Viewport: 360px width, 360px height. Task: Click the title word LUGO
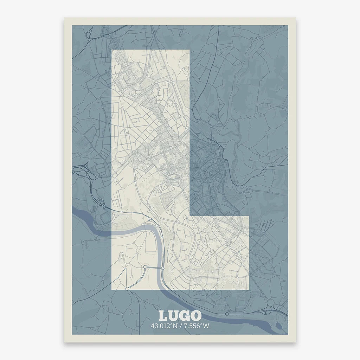(x=180, y=316)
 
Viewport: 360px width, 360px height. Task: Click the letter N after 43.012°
(x=175, y=326)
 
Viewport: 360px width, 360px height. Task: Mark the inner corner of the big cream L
(x=190, y=216)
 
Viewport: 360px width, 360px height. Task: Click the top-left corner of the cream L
(x=112, y=50)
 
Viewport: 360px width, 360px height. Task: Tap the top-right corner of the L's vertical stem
(x=190, y=50)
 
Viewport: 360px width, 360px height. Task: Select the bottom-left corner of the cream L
(x=112, y=290)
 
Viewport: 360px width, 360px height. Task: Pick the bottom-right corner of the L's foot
(x=249, y=290)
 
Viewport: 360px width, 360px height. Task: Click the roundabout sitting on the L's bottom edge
(x=127, y=289)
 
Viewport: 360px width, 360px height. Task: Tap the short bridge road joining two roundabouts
(x=154, y=268)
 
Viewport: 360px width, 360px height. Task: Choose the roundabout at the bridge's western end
(x=145, y=267)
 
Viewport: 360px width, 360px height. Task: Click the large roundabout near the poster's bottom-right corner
(x=271, y=303)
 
